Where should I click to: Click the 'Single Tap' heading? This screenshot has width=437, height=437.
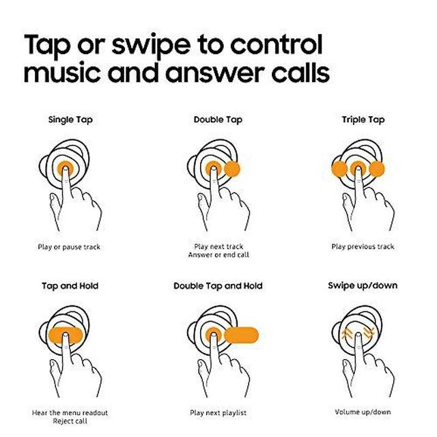tap(70, 120)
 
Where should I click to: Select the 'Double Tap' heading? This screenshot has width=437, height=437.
tap(218, 120)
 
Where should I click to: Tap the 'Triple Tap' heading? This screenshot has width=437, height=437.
tap(363, 120)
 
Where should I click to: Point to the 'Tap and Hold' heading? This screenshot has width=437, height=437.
tap(70, 286)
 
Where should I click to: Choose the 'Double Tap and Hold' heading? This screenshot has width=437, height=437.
tap(218, 286)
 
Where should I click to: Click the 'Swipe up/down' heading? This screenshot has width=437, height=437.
tap(363, 286)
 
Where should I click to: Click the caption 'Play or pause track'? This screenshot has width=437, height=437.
tap(69, 247)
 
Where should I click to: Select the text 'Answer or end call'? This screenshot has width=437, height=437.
tap(218, 255)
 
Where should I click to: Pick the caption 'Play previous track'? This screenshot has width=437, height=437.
tap(363, 246)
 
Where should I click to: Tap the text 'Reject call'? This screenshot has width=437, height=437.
tap(70, 421)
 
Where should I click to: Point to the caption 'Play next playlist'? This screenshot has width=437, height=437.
tap(218, 412)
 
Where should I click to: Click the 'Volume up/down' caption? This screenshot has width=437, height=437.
tap(363, 412)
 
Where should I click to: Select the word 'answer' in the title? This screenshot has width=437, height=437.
tap(214, 73)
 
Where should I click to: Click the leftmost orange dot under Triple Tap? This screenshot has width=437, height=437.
tap(339, 169)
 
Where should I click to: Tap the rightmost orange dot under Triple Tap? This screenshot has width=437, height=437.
tap(377, 169)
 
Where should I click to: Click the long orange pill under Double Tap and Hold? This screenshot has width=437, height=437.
tap(241, 335)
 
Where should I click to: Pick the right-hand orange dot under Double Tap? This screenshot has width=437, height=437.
tap(232, 169)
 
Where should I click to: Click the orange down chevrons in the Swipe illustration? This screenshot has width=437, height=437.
tap(369, 333)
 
